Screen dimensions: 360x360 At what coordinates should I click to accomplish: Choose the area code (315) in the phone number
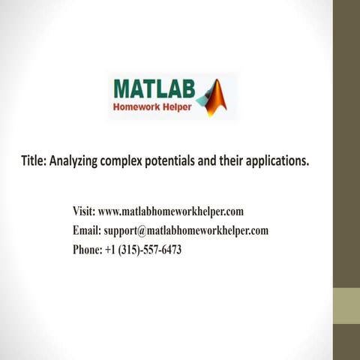pos(133,250)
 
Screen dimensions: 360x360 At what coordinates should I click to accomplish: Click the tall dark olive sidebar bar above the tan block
pos(346,142)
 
